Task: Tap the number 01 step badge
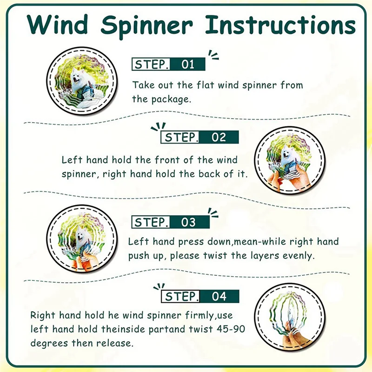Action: click(x=188, y=64)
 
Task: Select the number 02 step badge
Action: click(x=219, y=137)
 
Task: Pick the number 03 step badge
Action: click(x=188, y=222)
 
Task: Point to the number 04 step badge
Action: click(x=219, y=296)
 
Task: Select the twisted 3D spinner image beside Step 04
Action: click(x=289, y=317)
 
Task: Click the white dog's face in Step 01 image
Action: click(x=77, y=74)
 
